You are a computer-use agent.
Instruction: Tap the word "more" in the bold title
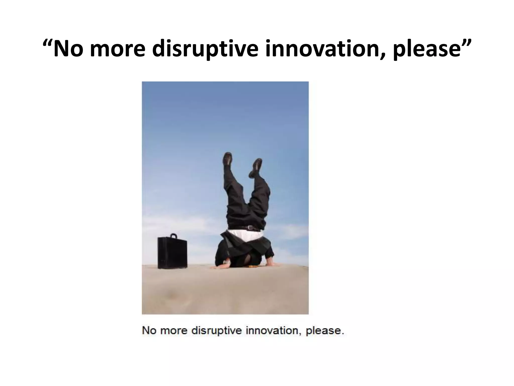117,49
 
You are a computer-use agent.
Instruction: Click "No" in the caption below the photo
149,330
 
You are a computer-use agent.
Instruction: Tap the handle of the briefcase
173,236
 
